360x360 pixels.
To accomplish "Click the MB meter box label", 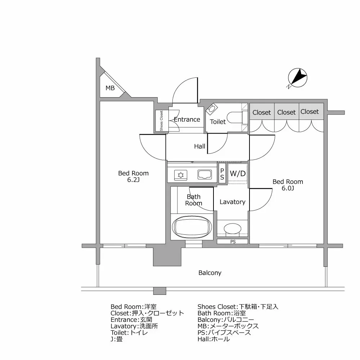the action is (x=110, y=88).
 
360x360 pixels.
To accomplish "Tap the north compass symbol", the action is (x=298, y=78).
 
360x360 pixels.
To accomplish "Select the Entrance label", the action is (x=187, y=120).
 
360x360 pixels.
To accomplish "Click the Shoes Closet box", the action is (x=161, y=121).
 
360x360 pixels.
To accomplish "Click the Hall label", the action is (x=199, y=146).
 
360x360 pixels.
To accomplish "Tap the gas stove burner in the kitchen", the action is (x=181, y=175).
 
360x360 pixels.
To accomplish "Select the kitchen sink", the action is (x=204, y=175).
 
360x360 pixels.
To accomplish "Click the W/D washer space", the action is (x=238, y=174).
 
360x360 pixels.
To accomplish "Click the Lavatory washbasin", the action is (x=232, y=229).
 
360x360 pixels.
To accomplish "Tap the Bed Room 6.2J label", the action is (x=134, y=176).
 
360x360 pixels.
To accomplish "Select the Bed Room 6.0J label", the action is (x=288, y=185).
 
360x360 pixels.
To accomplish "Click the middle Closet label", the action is (x=286, y=112).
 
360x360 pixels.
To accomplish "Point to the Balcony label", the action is (x=210, y=273).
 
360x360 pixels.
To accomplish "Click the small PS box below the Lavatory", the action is (x=233, y=242).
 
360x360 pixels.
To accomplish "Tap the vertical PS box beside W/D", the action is (x=222, y=174).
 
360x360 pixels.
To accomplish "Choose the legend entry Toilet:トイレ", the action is (x=129, y=332).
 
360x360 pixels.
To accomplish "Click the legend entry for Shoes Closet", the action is (x=238, y=307).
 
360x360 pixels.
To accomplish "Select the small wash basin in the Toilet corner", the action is (x=211, y=108).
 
